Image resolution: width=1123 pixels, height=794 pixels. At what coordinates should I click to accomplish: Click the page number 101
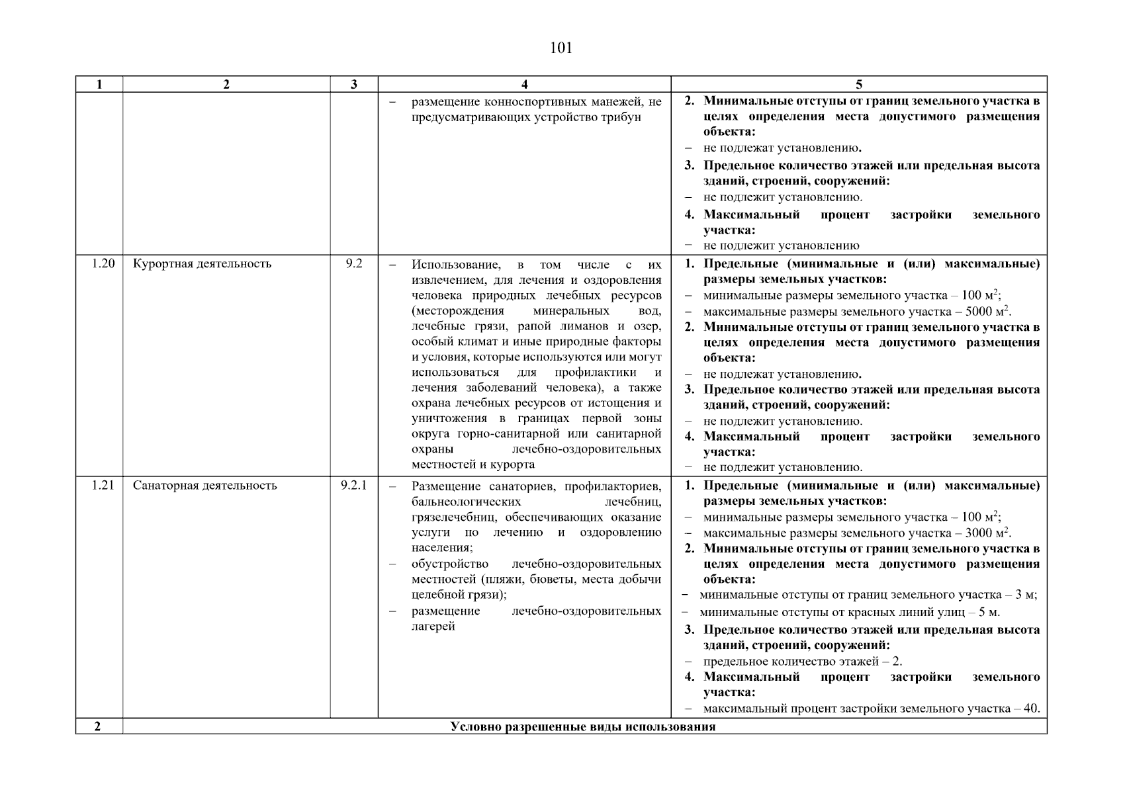click(561, 48)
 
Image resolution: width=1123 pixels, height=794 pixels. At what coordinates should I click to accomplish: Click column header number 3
click(354, 84)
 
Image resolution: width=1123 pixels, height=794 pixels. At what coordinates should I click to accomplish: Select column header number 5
click(859, 84)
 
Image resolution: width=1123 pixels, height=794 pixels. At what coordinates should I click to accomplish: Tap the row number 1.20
click(103, 264)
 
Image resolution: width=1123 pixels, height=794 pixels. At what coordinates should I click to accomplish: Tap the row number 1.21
click(103, 486)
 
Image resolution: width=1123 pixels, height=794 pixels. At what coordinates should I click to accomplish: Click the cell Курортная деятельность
click(202, 264)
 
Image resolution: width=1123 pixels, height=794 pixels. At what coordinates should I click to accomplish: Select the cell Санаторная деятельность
click(204, 486)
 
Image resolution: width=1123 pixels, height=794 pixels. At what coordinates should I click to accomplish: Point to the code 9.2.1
click(354, 486)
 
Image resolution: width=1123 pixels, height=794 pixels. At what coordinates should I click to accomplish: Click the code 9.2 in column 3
click(354, 264)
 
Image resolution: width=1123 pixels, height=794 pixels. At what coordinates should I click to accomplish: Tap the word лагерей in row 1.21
click(433, 627)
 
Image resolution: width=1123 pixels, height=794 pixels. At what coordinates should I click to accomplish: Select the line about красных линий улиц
click(850, 613)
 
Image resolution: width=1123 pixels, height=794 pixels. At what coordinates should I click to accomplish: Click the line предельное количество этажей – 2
click(802, 662)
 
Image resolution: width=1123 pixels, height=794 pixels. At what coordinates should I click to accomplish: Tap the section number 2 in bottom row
click(98, 727)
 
